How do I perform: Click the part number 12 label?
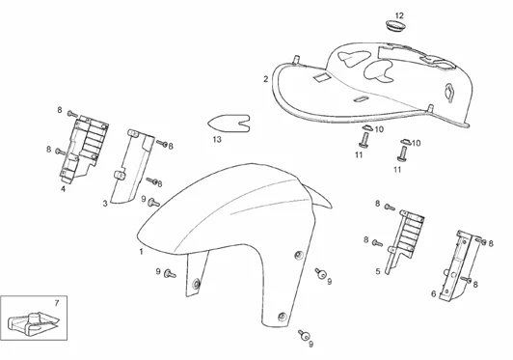coord(399,15)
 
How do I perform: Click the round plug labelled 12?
coord(395,26)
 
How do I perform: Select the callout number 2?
coord(266,79)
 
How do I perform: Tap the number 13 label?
coord(217,140)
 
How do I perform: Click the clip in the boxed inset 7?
coord(33,324)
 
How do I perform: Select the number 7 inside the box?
coord(57,303)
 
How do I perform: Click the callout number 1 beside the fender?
coord(142,252)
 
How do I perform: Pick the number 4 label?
coord(63,189)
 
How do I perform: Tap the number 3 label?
coord(105,204)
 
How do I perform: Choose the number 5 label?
coord(378,271)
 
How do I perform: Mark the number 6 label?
coord(434,293)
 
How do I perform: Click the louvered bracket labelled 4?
coord(84,149)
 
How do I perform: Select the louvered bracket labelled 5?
coord(405,240)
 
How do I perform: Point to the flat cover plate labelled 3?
coord(132,166)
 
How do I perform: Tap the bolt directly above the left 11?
coord(364,141)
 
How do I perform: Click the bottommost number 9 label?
coord(310,345)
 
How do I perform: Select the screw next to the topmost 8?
coord(72,114)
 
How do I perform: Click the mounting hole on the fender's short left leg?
coord(196,284)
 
